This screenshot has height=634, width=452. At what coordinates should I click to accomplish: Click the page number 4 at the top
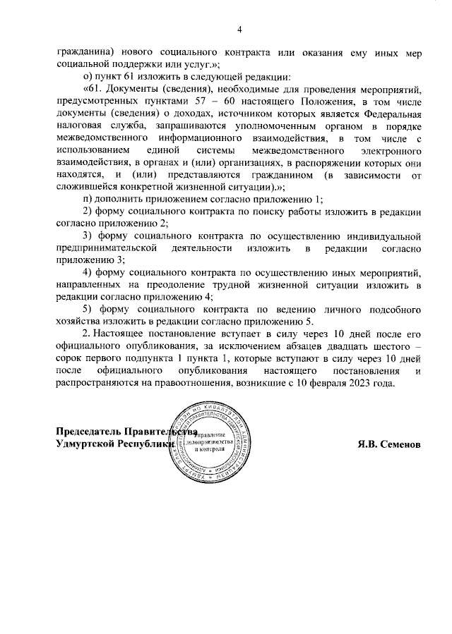tap(239, 29)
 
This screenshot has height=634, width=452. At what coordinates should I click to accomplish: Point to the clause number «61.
tap(93, 89)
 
